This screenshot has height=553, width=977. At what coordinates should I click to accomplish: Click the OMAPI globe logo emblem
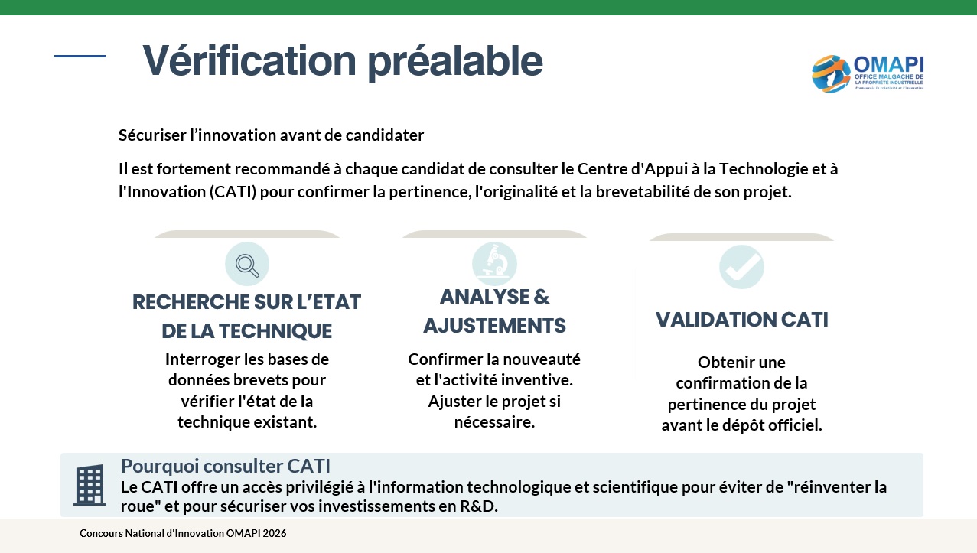pyautogui.click(x=831, y=73)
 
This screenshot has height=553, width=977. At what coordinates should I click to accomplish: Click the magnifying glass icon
pyautogui.click(x=247, y=265)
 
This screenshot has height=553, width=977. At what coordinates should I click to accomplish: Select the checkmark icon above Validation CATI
pyautogui.click(x=741, y=267)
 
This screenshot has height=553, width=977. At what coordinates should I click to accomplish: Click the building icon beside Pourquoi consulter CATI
pyautogui.click(x=90, y=485)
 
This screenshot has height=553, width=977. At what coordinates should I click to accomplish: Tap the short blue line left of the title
pyautogui.click(x=80, y=56)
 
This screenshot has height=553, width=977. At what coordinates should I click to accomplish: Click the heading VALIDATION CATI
pyautogui.click(x=741, y=320)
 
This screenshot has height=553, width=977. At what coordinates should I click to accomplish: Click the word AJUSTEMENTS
pyautogui.click(x=494, y=326)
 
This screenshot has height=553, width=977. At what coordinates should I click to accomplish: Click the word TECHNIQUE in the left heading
pyautogui.click(x=275, y=331)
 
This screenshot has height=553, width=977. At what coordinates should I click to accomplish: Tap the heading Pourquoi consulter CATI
pyautogui.click(x=226, y=467)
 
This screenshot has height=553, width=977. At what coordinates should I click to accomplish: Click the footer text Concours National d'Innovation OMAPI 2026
pyautogui.click(x=183, y=533)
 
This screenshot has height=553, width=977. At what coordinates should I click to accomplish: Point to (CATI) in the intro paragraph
pyautogui.click(x=233, y=192)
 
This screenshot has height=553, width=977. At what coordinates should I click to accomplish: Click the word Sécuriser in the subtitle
pyautogui.click(x=153, y=135)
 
